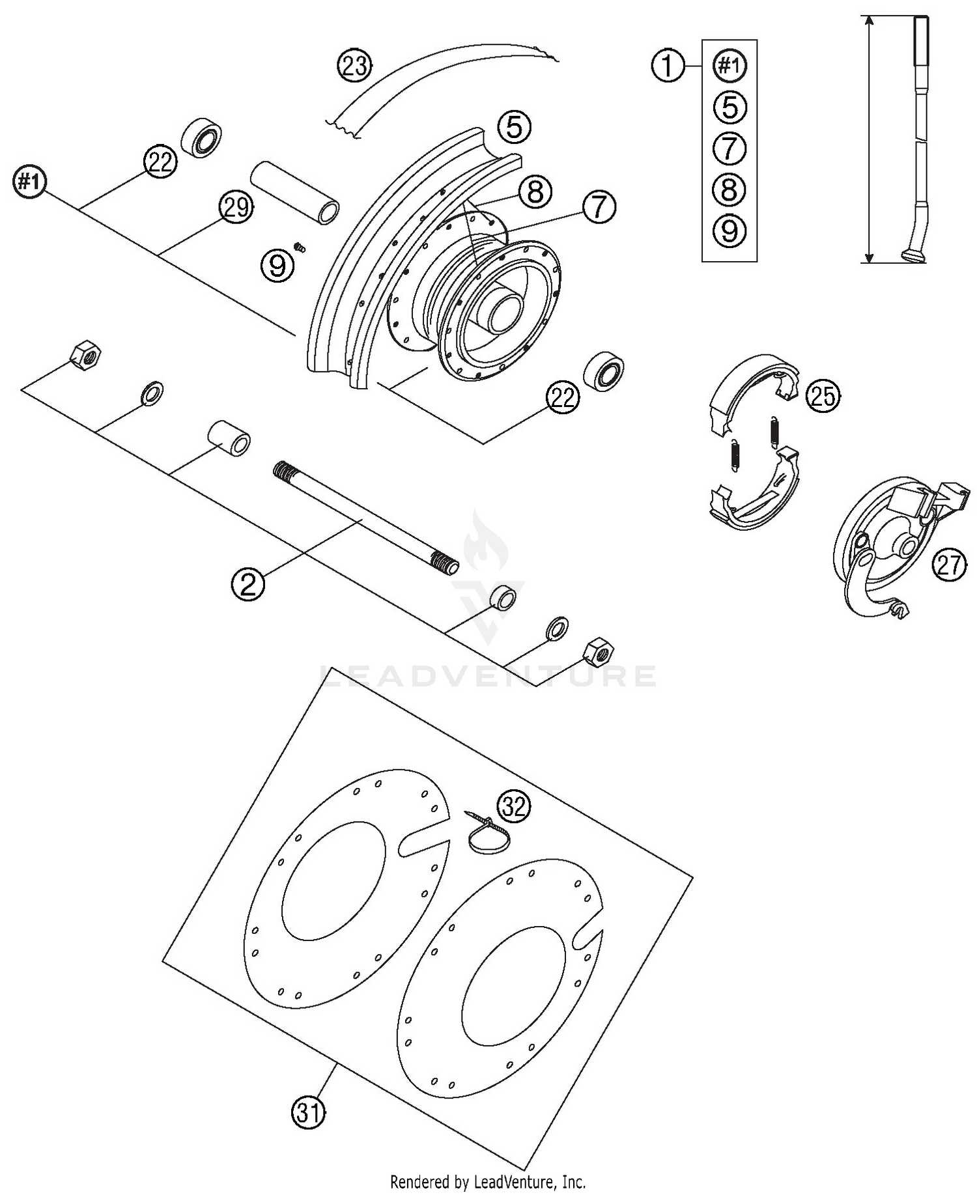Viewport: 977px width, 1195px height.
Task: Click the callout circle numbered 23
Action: (x=354, y=66)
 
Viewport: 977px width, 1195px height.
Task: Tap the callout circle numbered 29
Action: (x=235, y=208)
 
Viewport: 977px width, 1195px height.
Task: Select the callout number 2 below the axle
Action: (x=248, y=583)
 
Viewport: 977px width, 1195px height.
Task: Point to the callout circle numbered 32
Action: (x=514, y=807)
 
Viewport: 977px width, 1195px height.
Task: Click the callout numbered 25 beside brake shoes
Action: (x=823, y=395)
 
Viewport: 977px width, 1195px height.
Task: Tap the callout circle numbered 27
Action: (x=948, y=564)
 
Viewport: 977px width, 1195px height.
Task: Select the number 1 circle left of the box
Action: (x=668, y=66)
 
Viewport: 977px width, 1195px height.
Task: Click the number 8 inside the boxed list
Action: (x=729, y=190)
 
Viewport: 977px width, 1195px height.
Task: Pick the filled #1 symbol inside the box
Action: (x=729, y=66)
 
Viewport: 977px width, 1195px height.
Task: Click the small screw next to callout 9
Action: (x=300, y=247)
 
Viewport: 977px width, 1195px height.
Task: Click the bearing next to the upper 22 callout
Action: (x=202, y=137)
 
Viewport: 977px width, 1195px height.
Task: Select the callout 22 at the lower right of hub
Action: (x=562, y=397)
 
